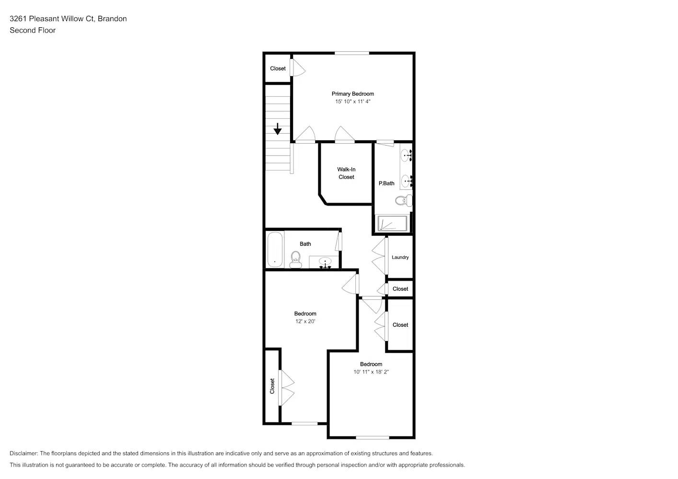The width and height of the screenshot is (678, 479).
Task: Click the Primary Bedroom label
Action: coord(352,94)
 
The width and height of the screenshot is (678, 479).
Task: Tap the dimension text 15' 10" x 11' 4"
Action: coord(352,102)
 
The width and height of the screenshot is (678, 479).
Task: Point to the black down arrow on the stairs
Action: coord(278,129)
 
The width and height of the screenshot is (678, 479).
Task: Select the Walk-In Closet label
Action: coord(346,173)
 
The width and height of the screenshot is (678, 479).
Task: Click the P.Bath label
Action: coord(386,183)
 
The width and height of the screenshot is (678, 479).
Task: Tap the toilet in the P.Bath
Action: coord(403,200)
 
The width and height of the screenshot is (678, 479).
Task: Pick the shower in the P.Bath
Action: coord(392,223)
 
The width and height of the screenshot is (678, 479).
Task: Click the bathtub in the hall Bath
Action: coord(275,250)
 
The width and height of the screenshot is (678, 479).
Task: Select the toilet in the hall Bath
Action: coord(295,259)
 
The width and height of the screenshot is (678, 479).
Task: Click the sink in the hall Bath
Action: coord(326,263)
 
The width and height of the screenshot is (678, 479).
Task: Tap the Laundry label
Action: coord(400,257)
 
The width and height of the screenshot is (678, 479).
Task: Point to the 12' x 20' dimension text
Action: coord(305,321)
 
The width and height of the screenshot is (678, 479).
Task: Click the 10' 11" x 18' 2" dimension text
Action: coord(371,372)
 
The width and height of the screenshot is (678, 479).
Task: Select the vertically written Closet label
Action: coord(272,386)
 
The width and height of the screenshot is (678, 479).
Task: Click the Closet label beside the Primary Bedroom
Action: coord(278,68)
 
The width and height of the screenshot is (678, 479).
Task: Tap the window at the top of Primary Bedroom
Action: coord(352,53)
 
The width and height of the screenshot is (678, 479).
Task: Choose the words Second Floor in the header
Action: coord(33,30)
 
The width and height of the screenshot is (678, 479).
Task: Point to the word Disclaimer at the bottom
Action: coord(23,453)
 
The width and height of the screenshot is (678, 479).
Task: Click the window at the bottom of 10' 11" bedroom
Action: coord(373,437)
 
